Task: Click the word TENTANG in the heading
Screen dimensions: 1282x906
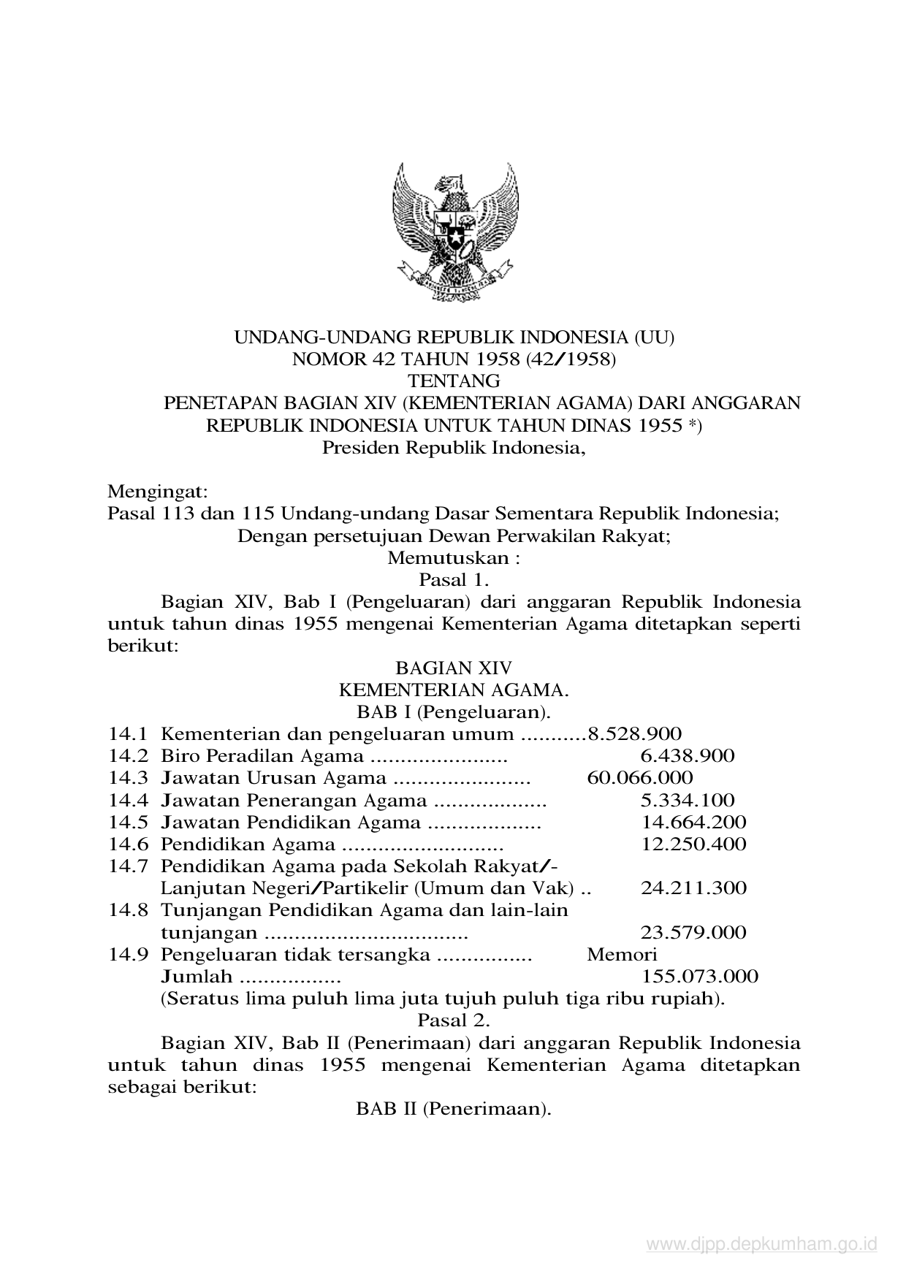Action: pyautogui.click(x=453, y=381)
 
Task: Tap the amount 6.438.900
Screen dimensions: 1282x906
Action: pyautogui.click(x=688, y=756)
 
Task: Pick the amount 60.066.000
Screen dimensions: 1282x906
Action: pyautogui.click(x=639, y=778)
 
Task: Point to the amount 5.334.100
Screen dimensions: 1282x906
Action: pyautogui.click(x=688, y=801)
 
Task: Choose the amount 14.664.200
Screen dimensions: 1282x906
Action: pyautogui.click(x=693, y=823)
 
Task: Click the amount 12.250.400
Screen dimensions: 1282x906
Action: pyautogui.click(x=693, y=844)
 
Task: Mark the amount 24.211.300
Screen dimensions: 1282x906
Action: pyautogui.click(x=693, y=888)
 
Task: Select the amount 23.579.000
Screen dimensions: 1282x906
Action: pyautogui.click(x=693, y=933)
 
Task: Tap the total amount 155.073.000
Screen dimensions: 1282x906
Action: pyautogui.click(x=699, y=977)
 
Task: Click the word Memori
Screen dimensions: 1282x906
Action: pyautogui.click(x=622, y=955)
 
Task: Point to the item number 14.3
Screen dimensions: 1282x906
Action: pyautogui.click(x=129, y=778)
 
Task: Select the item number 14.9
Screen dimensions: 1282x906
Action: pyautogui.click(x=129, y=955)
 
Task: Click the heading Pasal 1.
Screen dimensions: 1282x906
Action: pyautogui.click(x=453, y=580)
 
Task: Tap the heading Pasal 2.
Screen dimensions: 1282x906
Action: pyautogui.click(x=453, y=1020)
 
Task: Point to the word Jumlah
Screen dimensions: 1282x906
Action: pyautogui.click(x=196, y=977)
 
